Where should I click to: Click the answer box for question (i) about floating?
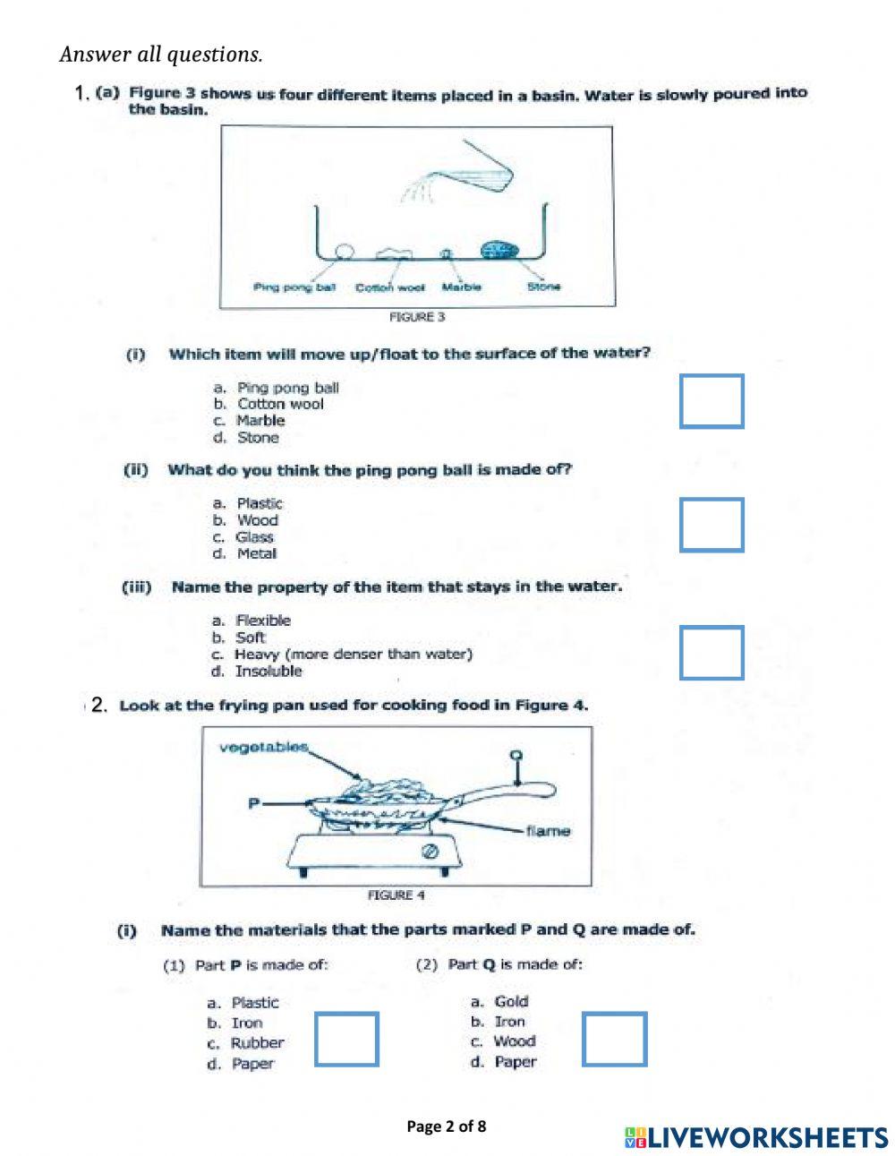[712, 401]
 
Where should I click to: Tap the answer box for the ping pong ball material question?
[712, 525]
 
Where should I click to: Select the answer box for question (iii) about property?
[712, 653]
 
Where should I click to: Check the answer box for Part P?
[346, 1039]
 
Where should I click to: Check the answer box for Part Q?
[614, 1039]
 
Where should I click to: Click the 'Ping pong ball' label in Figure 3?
[294, 287]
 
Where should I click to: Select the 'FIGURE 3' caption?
[417, 317]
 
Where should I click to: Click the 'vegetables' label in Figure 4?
[263, 747]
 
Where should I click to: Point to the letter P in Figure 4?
[253, 803]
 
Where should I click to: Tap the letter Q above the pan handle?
[516, 755]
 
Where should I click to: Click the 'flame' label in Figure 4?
[548, 831]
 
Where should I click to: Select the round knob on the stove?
[429, 851]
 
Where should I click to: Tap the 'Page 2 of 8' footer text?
[447, 1126]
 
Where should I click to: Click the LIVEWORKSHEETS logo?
[756, 1137]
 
